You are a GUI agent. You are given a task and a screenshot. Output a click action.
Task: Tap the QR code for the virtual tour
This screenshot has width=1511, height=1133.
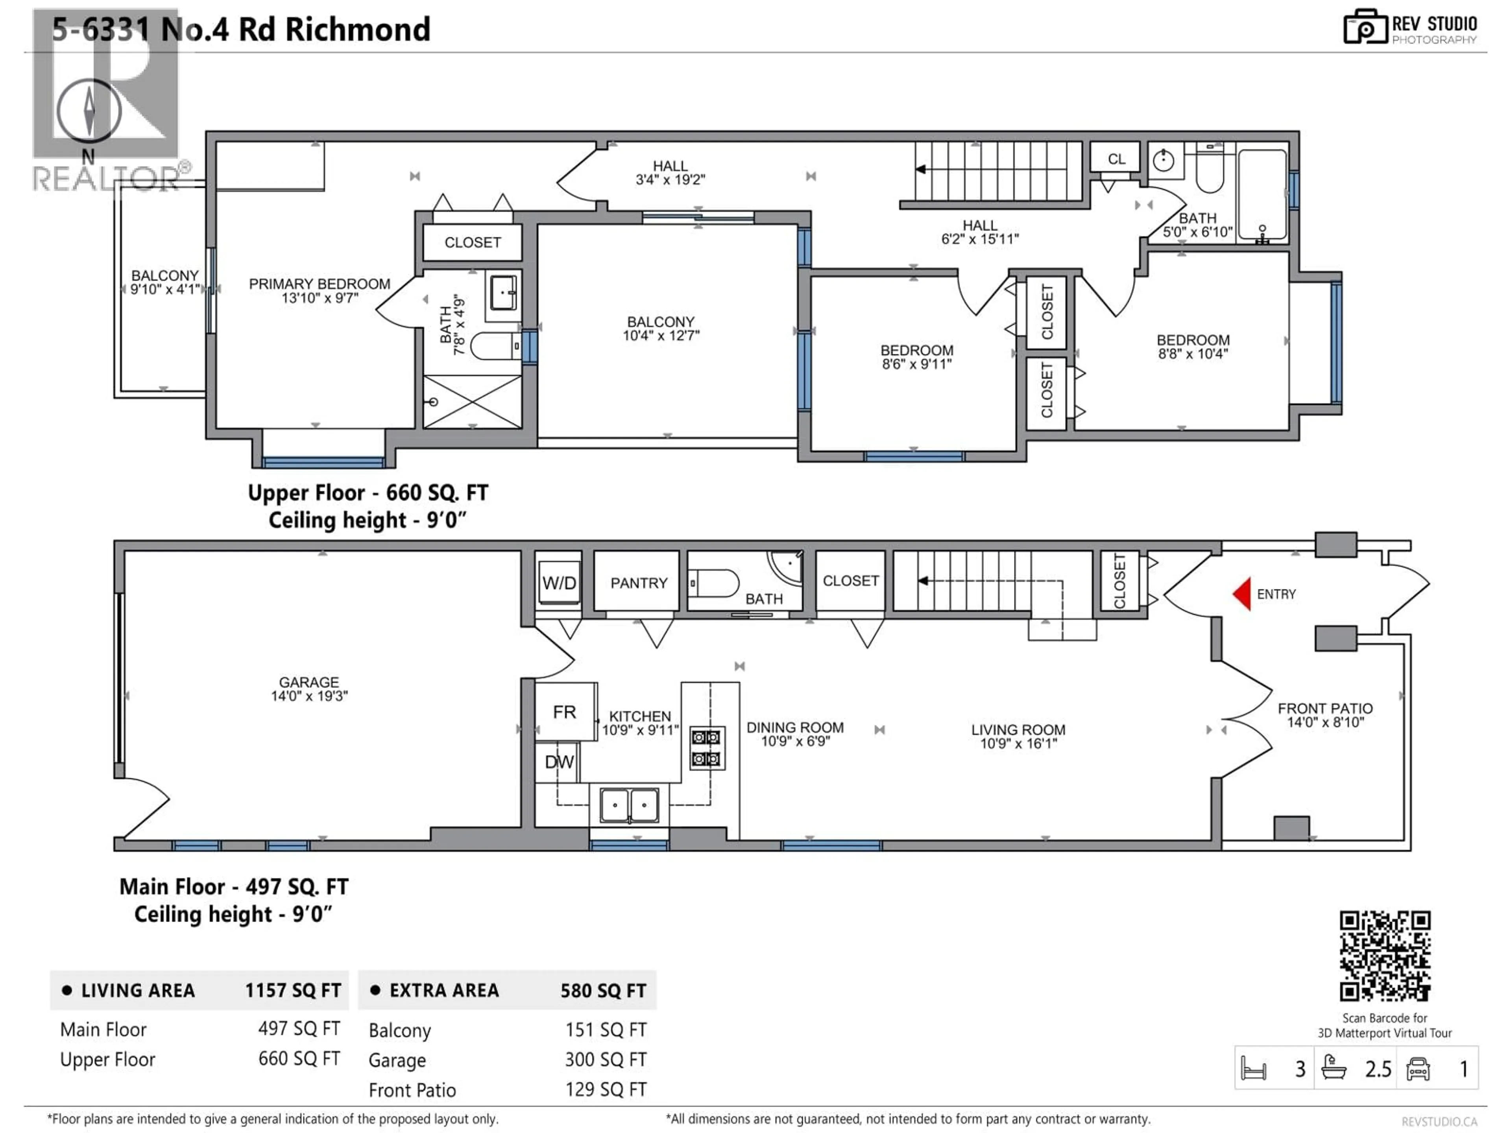(1385, 956)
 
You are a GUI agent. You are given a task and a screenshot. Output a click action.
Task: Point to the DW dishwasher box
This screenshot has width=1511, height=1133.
(559, 762)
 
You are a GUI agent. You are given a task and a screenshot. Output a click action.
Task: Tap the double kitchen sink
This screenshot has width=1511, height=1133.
(629, 805)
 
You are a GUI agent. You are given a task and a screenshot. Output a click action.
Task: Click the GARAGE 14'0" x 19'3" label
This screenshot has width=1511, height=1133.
(309, 688)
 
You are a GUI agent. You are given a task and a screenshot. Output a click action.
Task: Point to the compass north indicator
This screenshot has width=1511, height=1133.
(89, 111)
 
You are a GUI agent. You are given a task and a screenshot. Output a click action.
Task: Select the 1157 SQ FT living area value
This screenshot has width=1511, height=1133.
(292, 990)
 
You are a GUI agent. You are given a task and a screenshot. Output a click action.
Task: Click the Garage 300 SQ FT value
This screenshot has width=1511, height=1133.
(605, 1059)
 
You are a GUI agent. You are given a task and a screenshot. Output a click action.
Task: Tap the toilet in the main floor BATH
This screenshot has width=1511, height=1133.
(714, 584)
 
